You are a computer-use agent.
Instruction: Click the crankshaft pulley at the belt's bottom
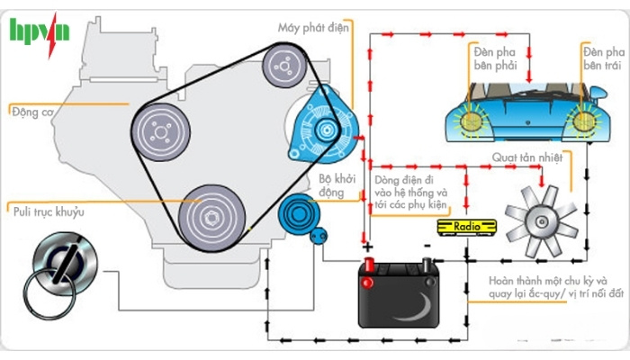click(x=211, y=216)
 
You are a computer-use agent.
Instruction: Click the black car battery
click(x=397, y=293)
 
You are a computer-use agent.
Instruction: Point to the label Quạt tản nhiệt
click(x=526, y=158)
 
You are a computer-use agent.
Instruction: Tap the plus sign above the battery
click(x=367, y=245)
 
